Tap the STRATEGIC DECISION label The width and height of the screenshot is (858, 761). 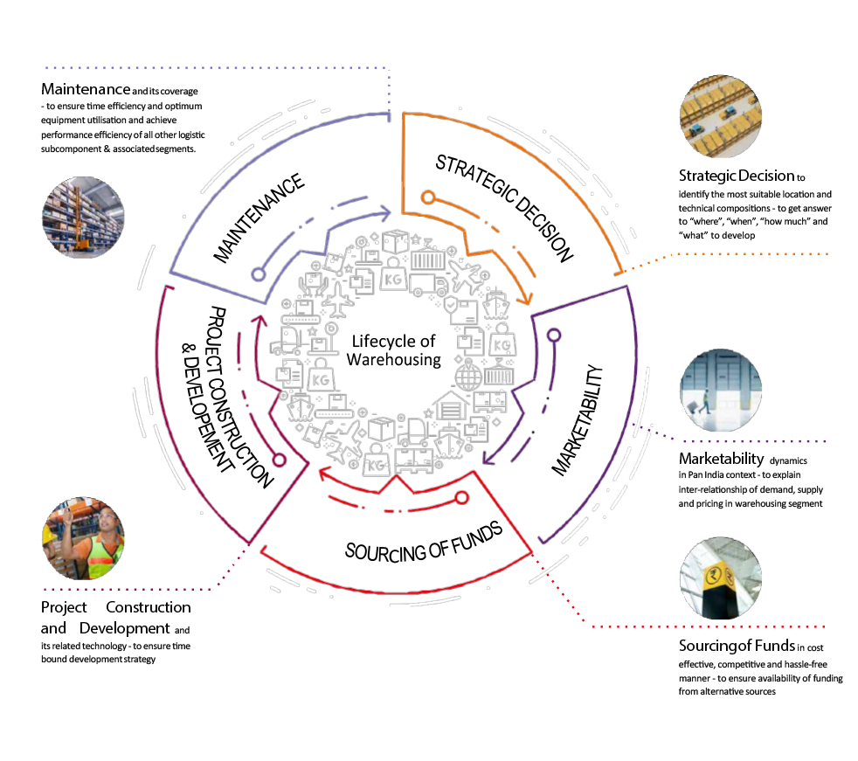[504, 208]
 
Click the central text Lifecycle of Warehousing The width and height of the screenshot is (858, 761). [392, 349]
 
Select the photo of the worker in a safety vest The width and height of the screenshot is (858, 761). [84, 538]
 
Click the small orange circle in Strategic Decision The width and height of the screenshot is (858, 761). [427, 197]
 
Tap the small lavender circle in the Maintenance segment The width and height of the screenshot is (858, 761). [258, 273]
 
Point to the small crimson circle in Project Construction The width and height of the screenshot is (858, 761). [280, 458]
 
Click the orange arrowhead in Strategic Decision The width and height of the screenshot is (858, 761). [525, 299]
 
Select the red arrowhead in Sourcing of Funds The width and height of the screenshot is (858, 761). [323, 475]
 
